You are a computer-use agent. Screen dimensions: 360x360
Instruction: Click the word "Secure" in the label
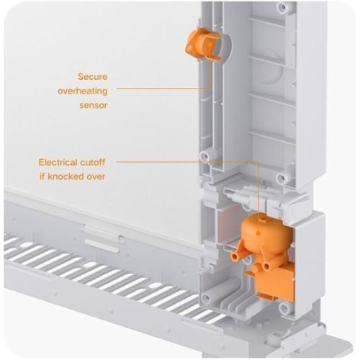click(x=93, y=77)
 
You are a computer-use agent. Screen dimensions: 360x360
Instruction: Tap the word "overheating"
click(x=82, y=91)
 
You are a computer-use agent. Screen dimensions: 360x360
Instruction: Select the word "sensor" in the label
click(x=94, y=106)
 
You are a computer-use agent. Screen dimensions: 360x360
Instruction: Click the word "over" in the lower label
click(x=96, y=177)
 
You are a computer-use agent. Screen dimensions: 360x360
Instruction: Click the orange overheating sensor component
click(x=203, y=44)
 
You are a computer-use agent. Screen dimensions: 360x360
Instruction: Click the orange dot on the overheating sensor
click(x=210, y=45)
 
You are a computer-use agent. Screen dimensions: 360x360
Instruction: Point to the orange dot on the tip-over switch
click(x=258, y=233)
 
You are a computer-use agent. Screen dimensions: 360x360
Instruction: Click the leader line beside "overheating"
click(x=162, y=89)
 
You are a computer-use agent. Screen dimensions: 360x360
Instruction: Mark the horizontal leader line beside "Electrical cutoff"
click(x=186, y=162)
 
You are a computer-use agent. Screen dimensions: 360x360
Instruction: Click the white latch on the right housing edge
click(x=297, y=204)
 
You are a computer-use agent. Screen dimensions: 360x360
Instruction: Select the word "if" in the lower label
click(x=42, y=176)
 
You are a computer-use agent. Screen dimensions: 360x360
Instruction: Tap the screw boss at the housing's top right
click(x=283, y=7)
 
